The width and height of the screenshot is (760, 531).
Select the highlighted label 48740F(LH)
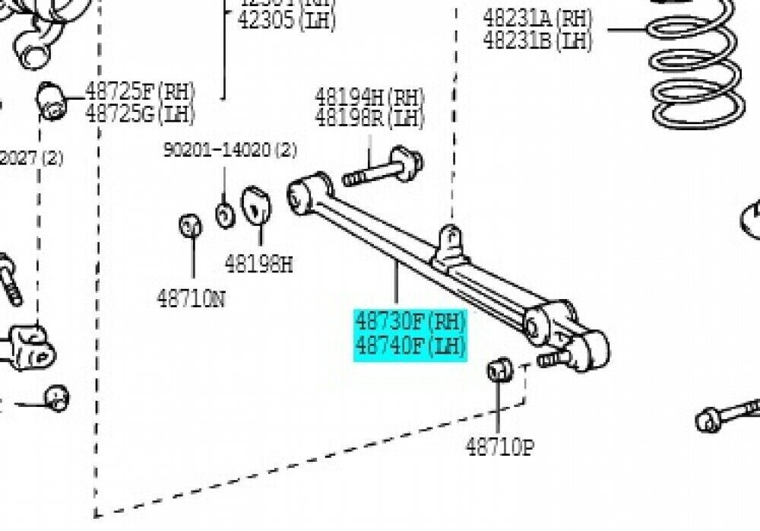point(410,347)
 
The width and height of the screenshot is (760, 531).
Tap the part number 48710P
point(499,447)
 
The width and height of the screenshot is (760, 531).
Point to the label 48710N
point(191,299)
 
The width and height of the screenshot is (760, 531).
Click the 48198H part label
point(258,264)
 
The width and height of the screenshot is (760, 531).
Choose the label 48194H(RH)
point(369,97)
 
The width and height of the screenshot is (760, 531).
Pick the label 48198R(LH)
point(369,118)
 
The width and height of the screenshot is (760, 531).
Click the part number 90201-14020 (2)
point(230,151)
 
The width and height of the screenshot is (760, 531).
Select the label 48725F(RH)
point(140,92)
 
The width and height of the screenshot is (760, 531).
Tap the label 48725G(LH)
point(140,113)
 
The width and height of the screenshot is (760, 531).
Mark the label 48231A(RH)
point(537,17)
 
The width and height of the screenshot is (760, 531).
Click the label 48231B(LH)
point(537,40)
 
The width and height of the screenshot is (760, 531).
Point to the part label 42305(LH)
point(287,19)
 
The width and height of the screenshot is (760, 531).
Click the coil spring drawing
point(695,68)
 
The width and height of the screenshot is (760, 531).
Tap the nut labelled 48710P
point(499,370)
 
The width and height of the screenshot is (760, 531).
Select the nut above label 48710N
point(189,226)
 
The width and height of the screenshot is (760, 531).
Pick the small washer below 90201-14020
point(225,215)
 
